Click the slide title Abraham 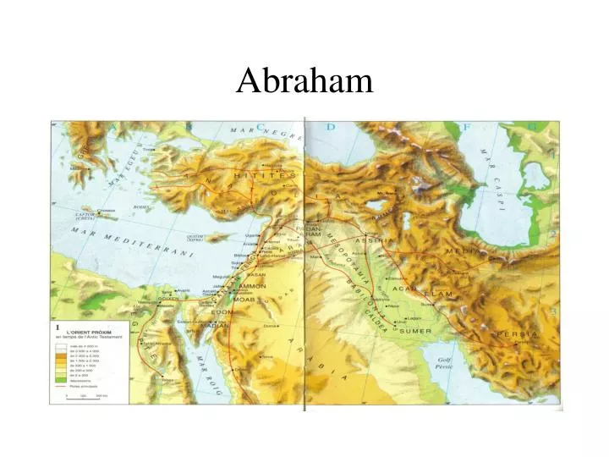coord(304,80)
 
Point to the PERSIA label coord(517,334)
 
